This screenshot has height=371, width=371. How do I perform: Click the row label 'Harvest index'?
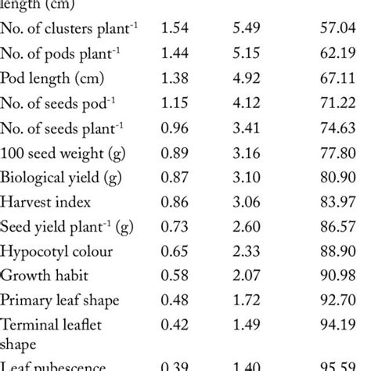pos(45,202)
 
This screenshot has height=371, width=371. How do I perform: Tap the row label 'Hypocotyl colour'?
pos(56,252)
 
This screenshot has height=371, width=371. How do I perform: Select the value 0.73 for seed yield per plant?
pos(176,227)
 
